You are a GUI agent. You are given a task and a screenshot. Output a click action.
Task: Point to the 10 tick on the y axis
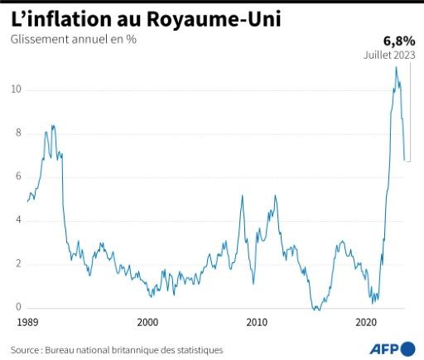(x=17, y=89)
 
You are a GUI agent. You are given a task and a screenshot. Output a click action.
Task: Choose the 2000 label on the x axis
(x=147, y=322)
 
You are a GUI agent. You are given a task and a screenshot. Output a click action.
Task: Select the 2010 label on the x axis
(x=258, y=322)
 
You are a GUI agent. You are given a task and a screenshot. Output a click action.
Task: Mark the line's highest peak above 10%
(x=396, y=67)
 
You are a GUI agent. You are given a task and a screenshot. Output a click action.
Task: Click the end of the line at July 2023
(x=404, y=160)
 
